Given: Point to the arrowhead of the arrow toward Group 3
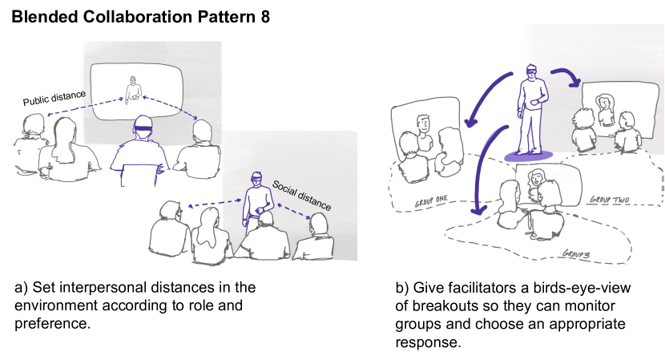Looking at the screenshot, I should [x=478, y=212].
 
